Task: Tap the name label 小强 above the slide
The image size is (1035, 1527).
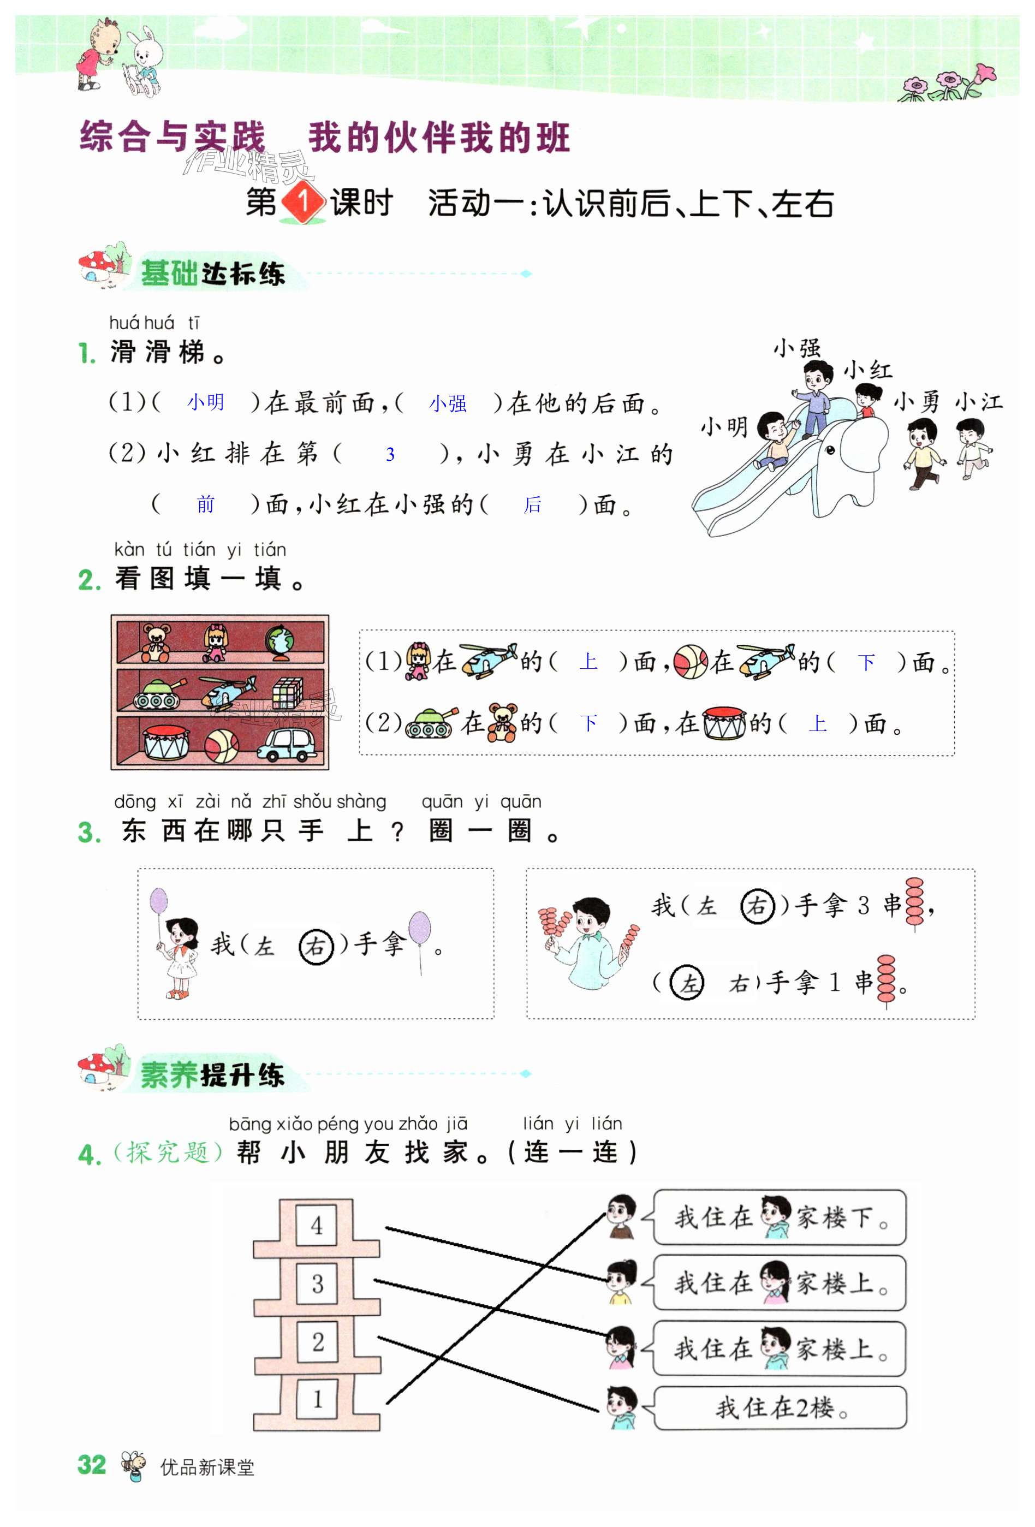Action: coord(796,348)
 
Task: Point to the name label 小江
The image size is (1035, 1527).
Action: coord(979,401)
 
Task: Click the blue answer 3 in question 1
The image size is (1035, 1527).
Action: coord(390,454)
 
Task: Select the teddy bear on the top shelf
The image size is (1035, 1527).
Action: coord(155,642)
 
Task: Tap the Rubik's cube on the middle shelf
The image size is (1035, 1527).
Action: coord(288,693)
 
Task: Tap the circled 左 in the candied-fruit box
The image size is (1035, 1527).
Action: coord(687,983)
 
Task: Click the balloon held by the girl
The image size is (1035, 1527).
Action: coord(159,901)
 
